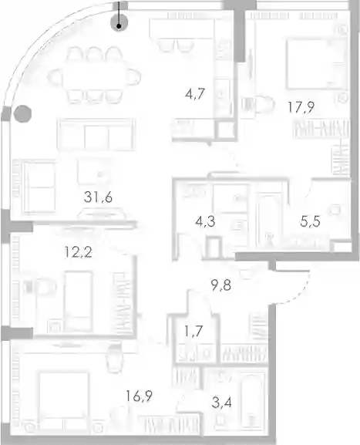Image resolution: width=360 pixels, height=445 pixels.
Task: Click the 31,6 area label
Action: [98, 197]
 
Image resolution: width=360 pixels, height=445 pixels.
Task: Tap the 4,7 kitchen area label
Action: [195, 93]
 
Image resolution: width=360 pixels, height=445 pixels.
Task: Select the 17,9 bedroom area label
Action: [301, 107]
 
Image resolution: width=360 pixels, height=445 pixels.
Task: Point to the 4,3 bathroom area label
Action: [205, 221]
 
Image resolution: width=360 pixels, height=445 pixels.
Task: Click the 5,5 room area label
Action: [310, 221]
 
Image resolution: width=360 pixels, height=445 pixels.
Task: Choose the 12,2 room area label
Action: [79, 252]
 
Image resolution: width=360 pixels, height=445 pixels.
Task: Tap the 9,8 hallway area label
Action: [221, 285]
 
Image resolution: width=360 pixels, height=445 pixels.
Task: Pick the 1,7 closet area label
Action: [193, 331]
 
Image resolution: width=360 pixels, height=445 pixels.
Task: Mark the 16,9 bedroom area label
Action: [139, 396]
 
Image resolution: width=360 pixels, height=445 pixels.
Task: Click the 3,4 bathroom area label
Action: [221, 403]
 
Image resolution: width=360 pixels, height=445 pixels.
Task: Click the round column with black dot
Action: [119, 22]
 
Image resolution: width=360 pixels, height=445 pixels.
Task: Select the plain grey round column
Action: [22, 114]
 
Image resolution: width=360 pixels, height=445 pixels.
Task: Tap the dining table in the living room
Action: [95, 77]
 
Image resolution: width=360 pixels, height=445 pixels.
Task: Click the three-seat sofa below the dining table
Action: [96, 135]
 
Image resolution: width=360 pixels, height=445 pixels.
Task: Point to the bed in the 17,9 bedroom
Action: [317, 64]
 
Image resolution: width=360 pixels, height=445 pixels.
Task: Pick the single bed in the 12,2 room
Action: [79, 302]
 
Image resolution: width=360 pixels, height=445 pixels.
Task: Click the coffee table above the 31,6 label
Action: [93, 171]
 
